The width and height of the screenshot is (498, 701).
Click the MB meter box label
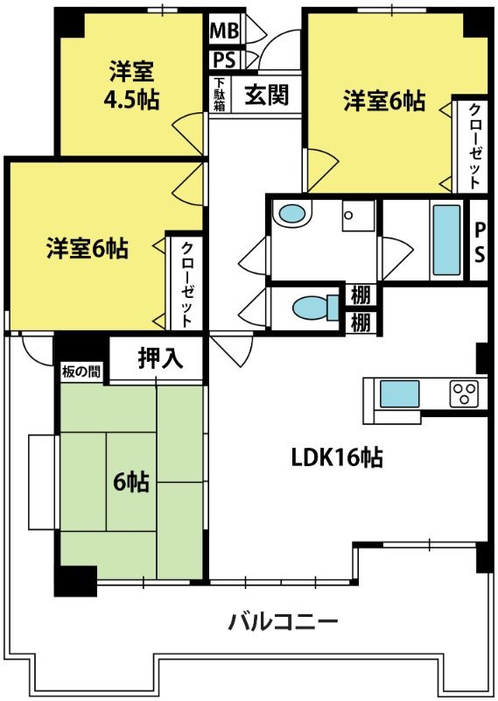(224, 30)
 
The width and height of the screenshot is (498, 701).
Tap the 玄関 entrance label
(267, 95)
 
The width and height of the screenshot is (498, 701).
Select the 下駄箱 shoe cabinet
(220, 95)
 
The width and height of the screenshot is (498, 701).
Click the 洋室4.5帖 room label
(132, 85)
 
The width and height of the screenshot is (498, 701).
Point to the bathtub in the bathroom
(446, 240)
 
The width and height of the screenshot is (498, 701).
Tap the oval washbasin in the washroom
(291, 214)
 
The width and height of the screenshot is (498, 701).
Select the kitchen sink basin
(399, 393)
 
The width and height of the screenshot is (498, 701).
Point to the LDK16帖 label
(337, 457)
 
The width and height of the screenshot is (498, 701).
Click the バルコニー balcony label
(284, 622)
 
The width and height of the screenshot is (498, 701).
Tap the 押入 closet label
(160, 358)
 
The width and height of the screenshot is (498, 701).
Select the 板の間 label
(81, 372)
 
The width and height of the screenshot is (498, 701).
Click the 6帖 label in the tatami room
(131, 482)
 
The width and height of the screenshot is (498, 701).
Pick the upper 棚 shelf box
(361, 295)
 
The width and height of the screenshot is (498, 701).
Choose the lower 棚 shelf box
(361, 322)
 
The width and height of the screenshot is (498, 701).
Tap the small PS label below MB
(224, 60)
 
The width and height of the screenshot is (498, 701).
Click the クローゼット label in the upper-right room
(474, 145)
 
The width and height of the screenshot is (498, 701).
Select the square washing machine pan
(358, 216)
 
